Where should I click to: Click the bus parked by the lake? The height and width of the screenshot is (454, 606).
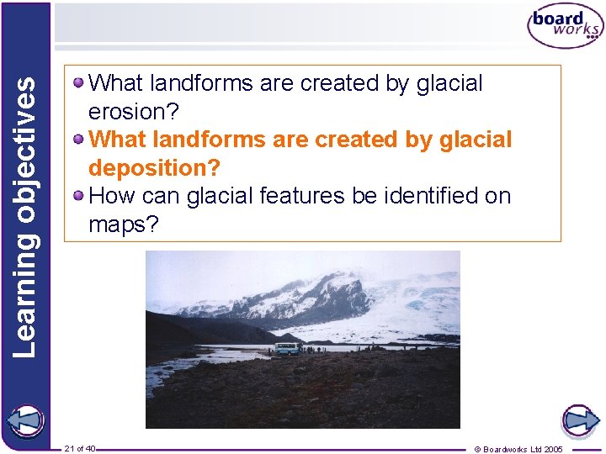pyautogui.click(x=287, y=349)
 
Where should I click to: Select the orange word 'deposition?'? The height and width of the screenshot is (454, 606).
pyautogui.click(x=154, y=168)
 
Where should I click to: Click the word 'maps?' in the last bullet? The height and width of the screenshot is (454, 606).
pyautogui.click(x=123, y=224)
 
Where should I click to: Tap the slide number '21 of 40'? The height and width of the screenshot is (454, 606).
pyautogui.click(x=80, y=448)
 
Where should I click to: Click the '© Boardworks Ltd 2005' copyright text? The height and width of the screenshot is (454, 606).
pyautogui.click(x=518, y=449)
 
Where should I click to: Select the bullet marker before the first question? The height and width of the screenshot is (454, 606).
pyautogui.click(x=78, y=83)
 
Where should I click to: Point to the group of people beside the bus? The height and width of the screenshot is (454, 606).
pyautogui.click(x=320, y=348)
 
